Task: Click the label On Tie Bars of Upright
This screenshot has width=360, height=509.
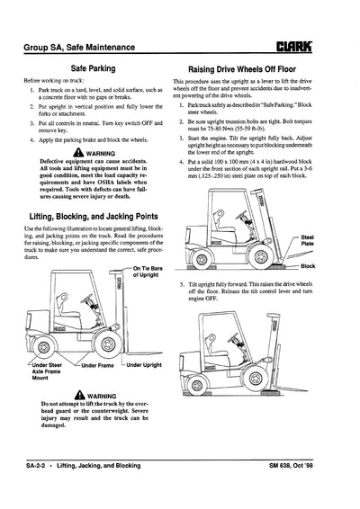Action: [x=148, y=272]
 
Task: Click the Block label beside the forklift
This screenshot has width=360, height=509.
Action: [x=308, y=266]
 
